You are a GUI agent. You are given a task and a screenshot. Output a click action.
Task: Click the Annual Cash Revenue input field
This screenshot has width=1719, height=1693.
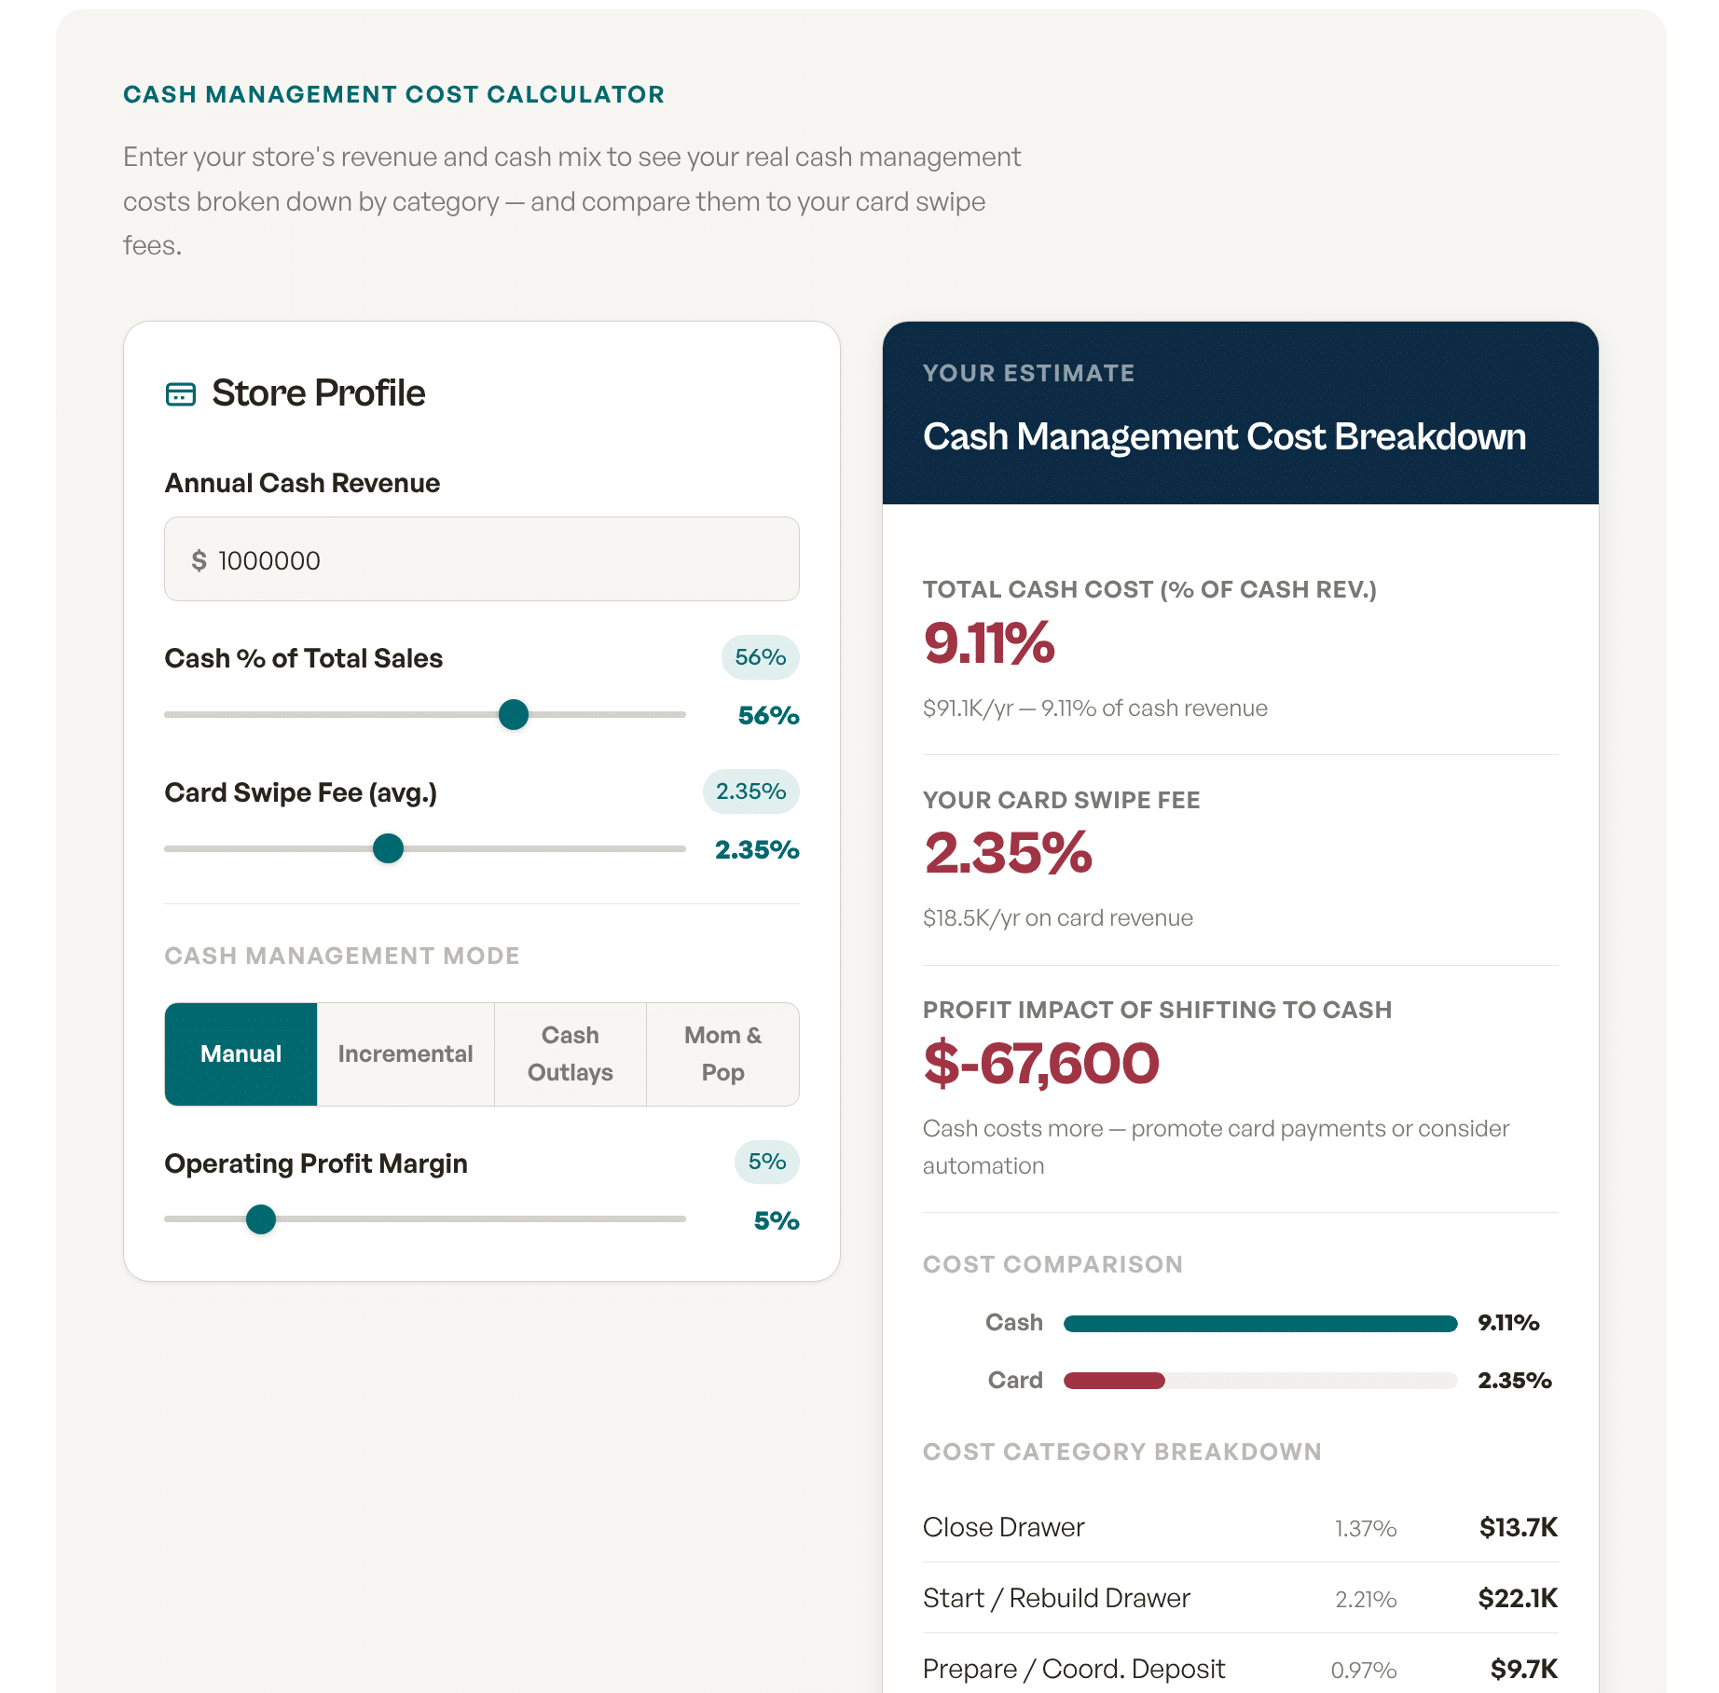point(481,559)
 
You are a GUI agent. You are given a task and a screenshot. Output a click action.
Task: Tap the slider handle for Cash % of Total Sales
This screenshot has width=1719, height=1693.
point(514,715)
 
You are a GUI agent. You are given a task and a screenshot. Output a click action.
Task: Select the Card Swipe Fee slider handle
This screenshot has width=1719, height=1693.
point(388,848)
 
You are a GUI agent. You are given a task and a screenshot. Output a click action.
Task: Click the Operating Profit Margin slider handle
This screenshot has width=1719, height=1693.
point(261,1219)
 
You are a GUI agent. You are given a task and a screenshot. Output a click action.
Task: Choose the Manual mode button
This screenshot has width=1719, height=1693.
point(241,1054)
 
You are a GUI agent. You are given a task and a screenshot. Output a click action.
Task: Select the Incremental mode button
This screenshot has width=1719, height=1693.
point(406,1054)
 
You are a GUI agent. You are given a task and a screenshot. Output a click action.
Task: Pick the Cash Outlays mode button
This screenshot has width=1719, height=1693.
point(571,1054)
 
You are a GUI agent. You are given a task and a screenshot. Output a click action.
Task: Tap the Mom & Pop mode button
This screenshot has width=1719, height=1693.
point(722,1054)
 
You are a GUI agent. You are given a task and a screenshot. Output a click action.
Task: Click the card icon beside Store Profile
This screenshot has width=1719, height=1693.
point(181,394)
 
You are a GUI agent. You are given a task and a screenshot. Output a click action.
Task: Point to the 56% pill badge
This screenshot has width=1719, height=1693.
point(760,657)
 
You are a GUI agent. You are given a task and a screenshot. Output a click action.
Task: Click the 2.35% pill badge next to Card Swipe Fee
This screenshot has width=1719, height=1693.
point(750,791)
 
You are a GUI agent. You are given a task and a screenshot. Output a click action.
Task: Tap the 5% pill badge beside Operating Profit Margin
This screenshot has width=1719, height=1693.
point(766,1162)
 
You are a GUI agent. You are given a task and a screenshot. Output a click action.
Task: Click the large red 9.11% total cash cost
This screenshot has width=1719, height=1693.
point(989,643)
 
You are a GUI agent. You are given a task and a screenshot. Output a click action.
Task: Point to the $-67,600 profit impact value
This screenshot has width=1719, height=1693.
point(1041,1064)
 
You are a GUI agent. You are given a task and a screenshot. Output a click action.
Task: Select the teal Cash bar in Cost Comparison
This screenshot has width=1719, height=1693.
point(1259,1324)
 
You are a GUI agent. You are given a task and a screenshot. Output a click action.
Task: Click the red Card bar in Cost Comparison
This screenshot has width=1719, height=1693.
point(1114,1381)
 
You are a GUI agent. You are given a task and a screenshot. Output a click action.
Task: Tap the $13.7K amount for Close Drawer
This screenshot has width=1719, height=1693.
point(1518,1527)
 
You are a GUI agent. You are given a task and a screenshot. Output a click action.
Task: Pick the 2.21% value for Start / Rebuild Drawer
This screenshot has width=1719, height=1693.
point(1366,1600)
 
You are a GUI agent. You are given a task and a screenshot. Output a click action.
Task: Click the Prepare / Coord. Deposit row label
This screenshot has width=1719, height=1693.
point(1074,1669)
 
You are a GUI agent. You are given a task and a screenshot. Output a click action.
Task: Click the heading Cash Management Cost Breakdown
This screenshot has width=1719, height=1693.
point(1224,436)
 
